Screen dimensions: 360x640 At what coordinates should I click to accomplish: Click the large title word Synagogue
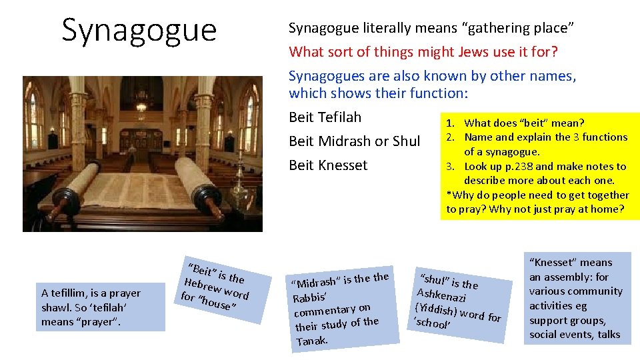(x=139, y=30)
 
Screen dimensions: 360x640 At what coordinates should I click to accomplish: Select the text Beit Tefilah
(x=325, y=117)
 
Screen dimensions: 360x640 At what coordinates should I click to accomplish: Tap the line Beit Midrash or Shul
(x=354, y=141)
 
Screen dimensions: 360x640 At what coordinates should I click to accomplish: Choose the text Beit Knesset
(x=328, y=165)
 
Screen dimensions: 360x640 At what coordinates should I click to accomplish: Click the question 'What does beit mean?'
(x=524, y=123)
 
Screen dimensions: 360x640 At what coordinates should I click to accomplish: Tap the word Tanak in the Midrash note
(x=311, y=340)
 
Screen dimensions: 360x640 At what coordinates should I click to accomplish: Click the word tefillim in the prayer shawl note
(x=73, y=293)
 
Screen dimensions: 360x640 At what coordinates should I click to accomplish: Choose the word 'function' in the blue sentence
(x=441, y=93)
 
